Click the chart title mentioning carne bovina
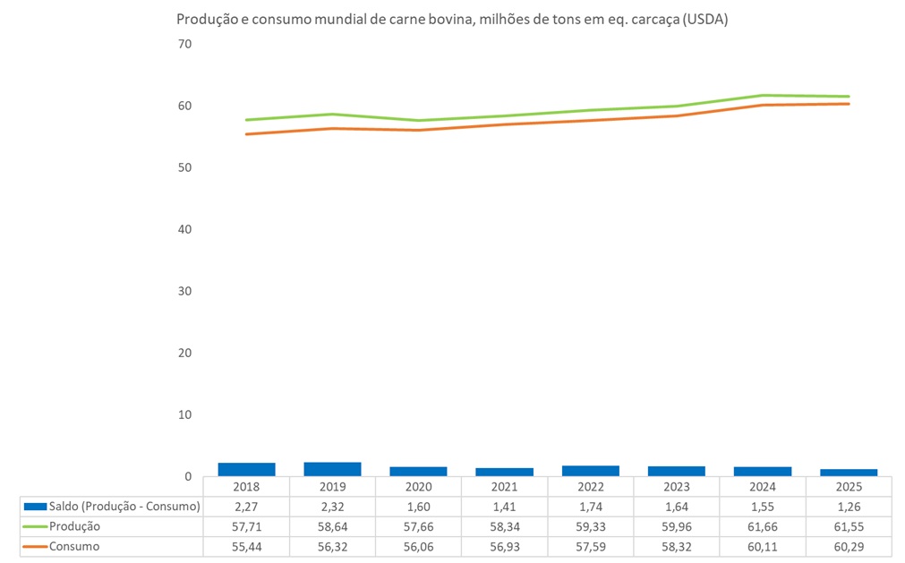452,20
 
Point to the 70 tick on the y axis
185,44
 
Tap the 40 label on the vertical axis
185,229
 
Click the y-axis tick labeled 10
185,415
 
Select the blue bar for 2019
332,469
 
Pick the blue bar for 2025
849,473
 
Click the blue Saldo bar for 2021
504,472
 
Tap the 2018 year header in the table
246,487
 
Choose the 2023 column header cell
677,487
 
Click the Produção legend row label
75,526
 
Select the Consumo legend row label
75,546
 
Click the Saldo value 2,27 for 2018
246,507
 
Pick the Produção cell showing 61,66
763,526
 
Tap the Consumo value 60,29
849,546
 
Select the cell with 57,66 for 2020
418,526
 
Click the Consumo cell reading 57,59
591,546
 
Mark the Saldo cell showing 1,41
504,507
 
